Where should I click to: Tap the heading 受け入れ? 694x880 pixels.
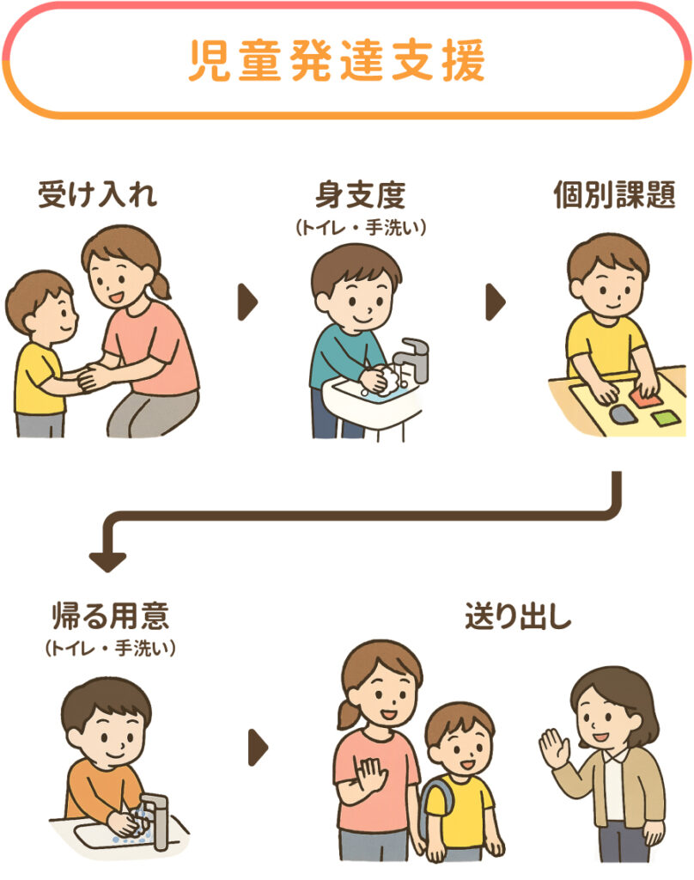coord(98,195)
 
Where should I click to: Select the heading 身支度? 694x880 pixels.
coord(361,195)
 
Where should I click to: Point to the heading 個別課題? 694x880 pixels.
coord(615,195)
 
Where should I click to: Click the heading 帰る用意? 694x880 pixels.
coord(111,615)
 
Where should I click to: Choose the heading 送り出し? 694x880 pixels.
coord(518,615)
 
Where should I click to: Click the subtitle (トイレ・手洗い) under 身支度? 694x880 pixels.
coord(361,227)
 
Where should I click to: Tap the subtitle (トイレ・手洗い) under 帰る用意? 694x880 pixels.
coord(111,648)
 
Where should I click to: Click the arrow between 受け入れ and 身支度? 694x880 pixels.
coord(247,302)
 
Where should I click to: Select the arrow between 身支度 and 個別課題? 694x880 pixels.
coord(496,302)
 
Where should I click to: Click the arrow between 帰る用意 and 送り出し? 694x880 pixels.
coord(258,747)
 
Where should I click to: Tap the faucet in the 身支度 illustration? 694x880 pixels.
coord(412,358)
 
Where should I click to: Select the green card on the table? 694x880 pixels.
coord(666,418)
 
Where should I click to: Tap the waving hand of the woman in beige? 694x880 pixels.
coord(554,748)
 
